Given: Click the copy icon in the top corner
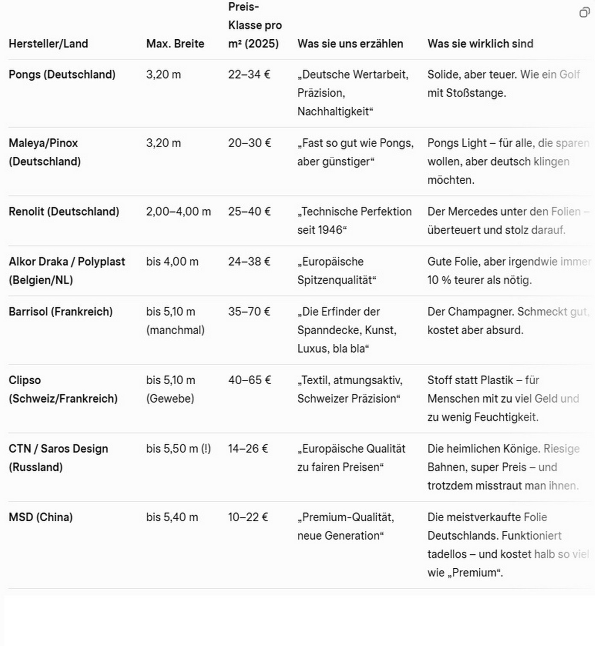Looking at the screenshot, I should (x=584, y=12).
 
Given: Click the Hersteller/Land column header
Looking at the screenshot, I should (x=48, y=44).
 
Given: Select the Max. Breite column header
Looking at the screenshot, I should (x=175, y=44).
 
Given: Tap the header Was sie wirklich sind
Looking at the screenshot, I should (x=480, y=44).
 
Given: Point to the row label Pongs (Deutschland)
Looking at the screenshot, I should (x=62, y=74).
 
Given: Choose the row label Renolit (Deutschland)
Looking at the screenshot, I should (x=64, y=211).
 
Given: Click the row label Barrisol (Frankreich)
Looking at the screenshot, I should (x=61, y=311).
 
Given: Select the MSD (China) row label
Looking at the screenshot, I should (x=41, y=517).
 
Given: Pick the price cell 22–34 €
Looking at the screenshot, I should (x=249, y=74).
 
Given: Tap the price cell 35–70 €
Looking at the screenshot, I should (x=249, y=311).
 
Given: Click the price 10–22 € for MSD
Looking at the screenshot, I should (x=248, y=517).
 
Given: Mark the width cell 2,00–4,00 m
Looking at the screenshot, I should (x=179, y=211).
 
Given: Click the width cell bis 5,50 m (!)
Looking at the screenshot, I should (x=179, y=448).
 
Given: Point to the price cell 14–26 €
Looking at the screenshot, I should (x=248, y=448).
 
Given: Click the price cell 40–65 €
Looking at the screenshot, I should (x=249, y=380).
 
